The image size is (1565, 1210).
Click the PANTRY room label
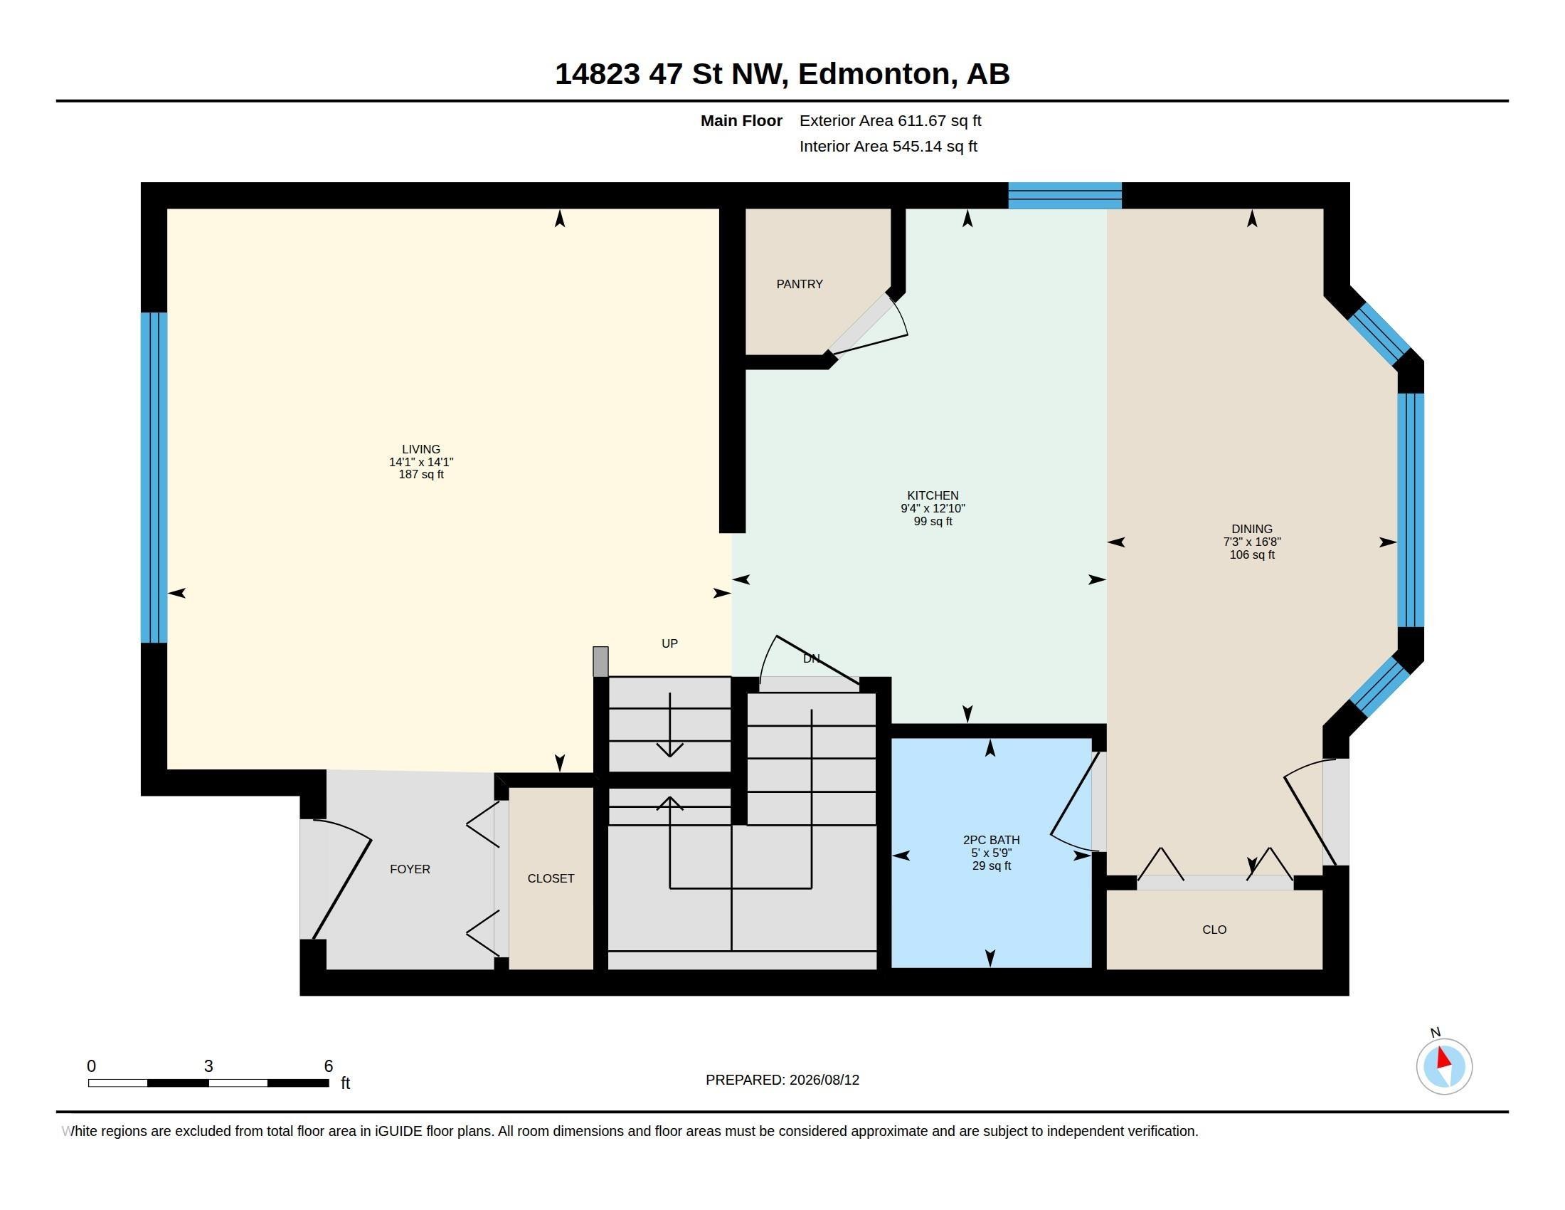point(799,284)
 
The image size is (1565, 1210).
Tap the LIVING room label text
point(420,449)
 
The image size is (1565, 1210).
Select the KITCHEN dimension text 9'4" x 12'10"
point(933,508)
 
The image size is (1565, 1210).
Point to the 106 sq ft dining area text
point(1252,555)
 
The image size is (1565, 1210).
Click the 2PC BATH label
point(991,839)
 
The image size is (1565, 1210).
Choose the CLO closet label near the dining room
point(1214,930)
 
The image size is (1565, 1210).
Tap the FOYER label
point(410,869)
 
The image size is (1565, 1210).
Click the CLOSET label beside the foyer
point(551,878)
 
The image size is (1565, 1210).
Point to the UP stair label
point(669,643)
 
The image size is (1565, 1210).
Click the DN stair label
point(811,658)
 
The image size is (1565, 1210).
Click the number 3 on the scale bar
point(208,1066)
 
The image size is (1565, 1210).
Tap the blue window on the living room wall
point(154,478)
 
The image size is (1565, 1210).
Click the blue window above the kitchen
point(1065,196)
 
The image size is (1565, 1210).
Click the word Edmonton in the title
point(878,74)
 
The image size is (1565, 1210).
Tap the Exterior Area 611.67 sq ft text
point(890,120)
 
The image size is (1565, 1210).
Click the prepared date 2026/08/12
point(824,1080)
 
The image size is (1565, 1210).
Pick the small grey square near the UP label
point(600,662)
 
